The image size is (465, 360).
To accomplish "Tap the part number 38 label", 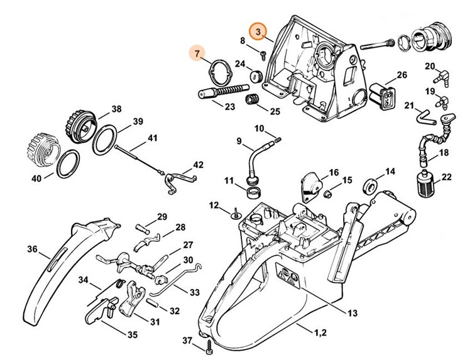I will point(116,109).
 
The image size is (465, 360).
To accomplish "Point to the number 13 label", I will point(352,313).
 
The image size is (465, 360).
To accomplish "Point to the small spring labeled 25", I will point(253,100).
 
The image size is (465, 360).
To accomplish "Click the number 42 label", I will point(198,165).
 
